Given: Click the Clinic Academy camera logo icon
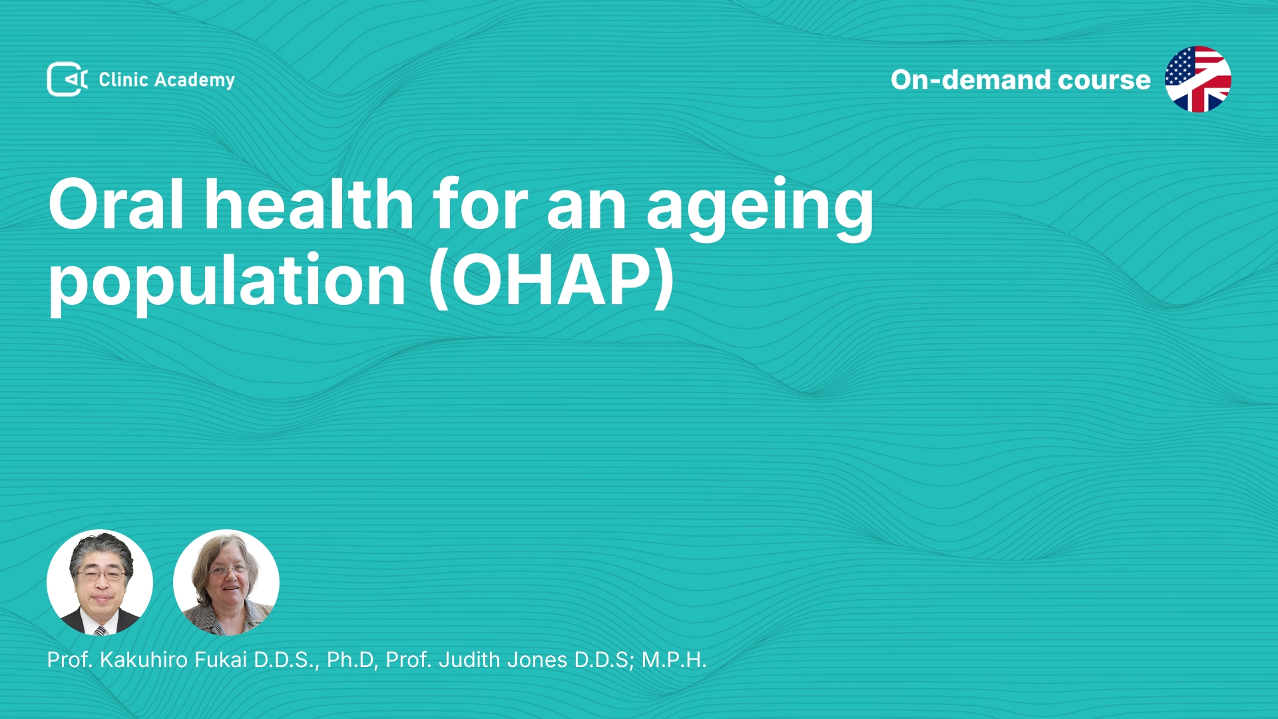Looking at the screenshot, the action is pyautogui.click(x=67, y=79).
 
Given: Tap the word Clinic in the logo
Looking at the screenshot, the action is pyautogui.click(x=123, y=79).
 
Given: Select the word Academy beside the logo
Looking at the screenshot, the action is pyautogui.click(x=194, y=81).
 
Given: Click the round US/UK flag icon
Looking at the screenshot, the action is pyautogui.click(x=1198, y=79).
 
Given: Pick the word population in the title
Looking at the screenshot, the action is pyautogui.click(x=227, y=282).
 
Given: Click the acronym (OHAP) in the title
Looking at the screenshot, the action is pyautogui.click(x=552, y=280).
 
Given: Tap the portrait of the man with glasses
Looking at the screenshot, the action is pyautogui.click(x=100, y=583).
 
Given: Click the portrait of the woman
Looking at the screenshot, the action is pyautogui.click(x=226, y=583).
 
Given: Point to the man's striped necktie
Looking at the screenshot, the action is pyautogui.click(x=101, y=630).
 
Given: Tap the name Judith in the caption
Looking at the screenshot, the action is pyautogui.click(x=469, y=660).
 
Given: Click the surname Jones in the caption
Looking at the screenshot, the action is pyautogui.click(x=537, y=660).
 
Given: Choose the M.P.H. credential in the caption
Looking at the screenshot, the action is pyautogui.click(x=674, y=660).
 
